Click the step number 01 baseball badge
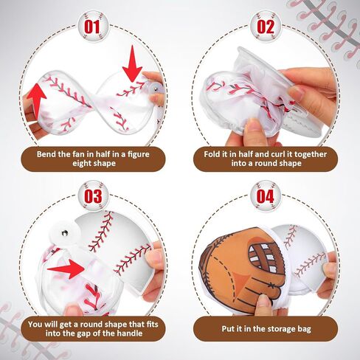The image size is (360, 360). coord(93,27)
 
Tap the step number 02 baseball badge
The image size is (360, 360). coord(266,27)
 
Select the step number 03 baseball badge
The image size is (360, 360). coord(93,196)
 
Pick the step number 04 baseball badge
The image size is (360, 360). coord(266,196)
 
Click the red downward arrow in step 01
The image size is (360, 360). coord(132,64)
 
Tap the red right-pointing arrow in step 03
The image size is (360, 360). coord(66,269)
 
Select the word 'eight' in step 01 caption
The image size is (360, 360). coord(82,163)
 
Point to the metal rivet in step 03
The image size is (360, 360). coord(65,232)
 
